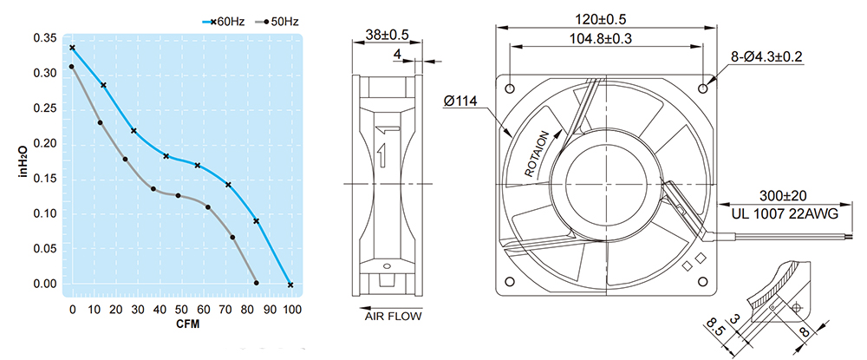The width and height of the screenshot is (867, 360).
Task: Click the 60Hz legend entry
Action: (224, 22)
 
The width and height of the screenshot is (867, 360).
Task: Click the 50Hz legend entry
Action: (277, 22)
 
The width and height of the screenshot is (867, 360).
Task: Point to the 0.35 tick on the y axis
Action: (45, 38)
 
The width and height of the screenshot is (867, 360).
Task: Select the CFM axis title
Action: (188, 324)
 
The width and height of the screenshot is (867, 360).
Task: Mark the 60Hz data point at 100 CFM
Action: (290, 285)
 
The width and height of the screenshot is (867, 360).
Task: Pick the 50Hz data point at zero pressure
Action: (257, 283)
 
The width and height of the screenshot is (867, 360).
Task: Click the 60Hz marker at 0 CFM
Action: (72, 48)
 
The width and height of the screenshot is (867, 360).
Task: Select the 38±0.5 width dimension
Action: (387, 35)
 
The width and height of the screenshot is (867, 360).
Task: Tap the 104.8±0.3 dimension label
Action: (601, 39)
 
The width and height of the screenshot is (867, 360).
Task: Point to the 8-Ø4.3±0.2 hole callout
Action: (766, 56)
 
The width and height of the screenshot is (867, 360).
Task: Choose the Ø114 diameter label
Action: (460, 101)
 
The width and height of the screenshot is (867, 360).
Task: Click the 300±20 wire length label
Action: (783, 195)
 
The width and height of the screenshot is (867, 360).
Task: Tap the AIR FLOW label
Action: (393, 317)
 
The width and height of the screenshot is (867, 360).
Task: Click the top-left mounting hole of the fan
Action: (510, 88)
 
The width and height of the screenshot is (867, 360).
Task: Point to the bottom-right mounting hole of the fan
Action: (703, 281)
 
